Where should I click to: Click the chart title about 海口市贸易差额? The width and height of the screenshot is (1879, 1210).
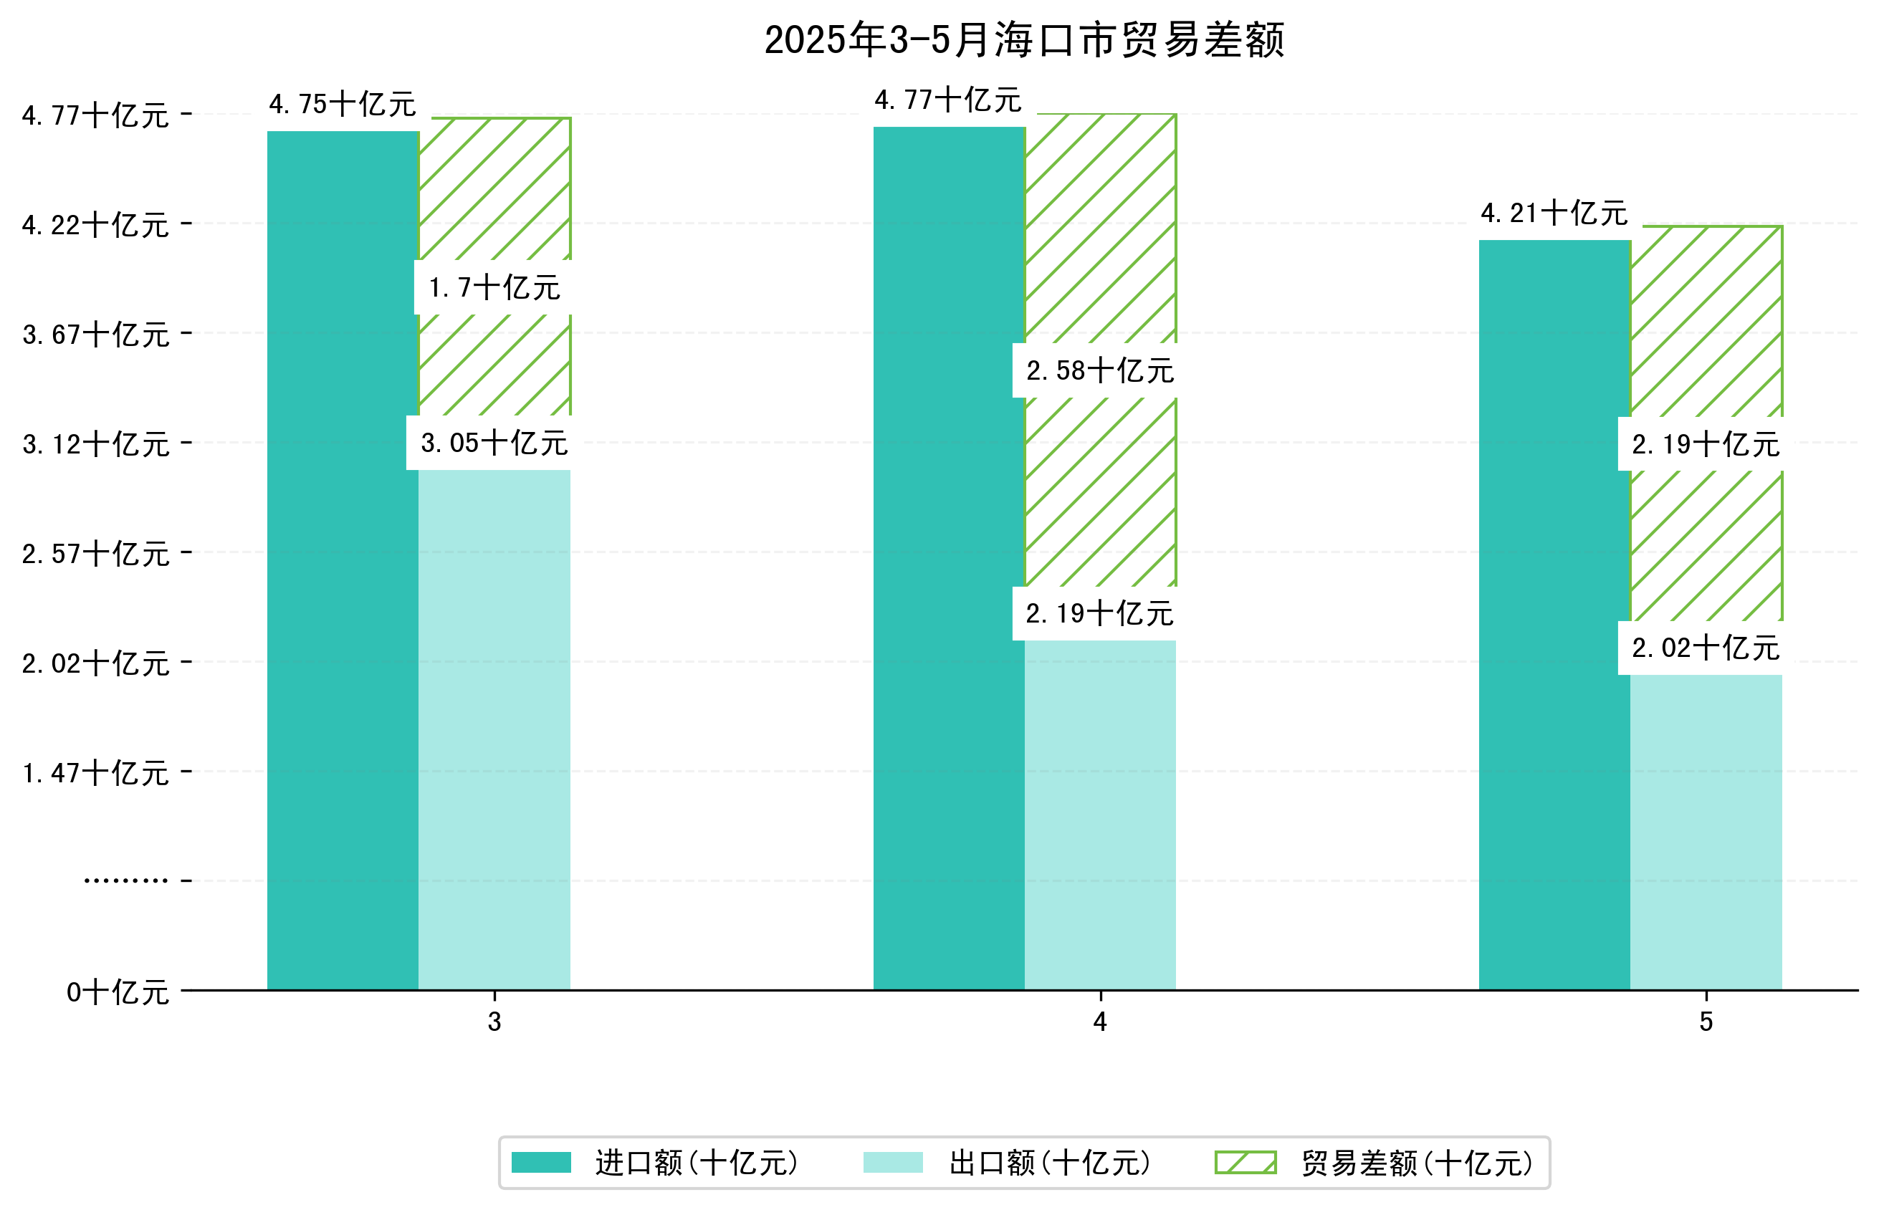coord(1023,40)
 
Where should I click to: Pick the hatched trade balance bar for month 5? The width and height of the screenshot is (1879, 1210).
coord(1706,354)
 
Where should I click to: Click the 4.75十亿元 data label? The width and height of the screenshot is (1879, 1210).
coord(342,104)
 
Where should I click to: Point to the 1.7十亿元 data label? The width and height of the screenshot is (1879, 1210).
coord(494,287)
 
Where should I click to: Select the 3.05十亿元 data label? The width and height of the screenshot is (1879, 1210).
coord(494,443)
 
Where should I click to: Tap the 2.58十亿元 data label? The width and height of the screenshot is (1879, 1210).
coord(1099,370)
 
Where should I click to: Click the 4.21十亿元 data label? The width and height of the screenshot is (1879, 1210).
coord(1554,213)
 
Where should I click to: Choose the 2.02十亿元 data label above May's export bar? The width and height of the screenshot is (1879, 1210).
coord(1706,648)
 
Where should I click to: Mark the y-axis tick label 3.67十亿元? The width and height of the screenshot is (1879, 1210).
coord(96,335)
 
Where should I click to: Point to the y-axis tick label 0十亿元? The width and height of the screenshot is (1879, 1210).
coord(118,992)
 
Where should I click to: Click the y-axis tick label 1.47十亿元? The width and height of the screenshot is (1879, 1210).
coord(96,773)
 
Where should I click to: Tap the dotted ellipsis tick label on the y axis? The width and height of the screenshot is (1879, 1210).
coord(125,880)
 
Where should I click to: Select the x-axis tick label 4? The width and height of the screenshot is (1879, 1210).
coord(1099,1022)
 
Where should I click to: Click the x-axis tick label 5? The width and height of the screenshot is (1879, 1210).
coord(1706,1022)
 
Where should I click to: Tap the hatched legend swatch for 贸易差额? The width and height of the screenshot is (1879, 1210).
coord(1245,1162)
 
